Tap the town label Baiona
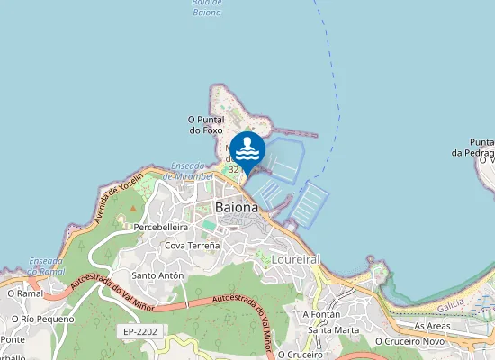[237, 207]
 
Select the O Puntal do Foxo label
[204, 125]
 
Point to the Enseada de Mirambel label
[191, 171]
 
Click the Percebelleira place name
[160, 228]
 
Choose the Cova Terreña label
[192, 245]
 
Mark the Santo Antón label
[157, 275]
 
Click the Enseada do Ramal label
[44, 265]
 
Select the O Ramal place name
[24, 292]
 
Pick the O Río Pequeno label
[42, 318]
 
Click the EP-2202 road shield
[141, 332]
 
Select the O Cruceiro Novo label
[409, 341]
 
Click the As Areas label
[432, 325]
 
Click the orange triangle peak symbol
[133, 208]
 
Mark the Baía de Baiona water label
[206, 8]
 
